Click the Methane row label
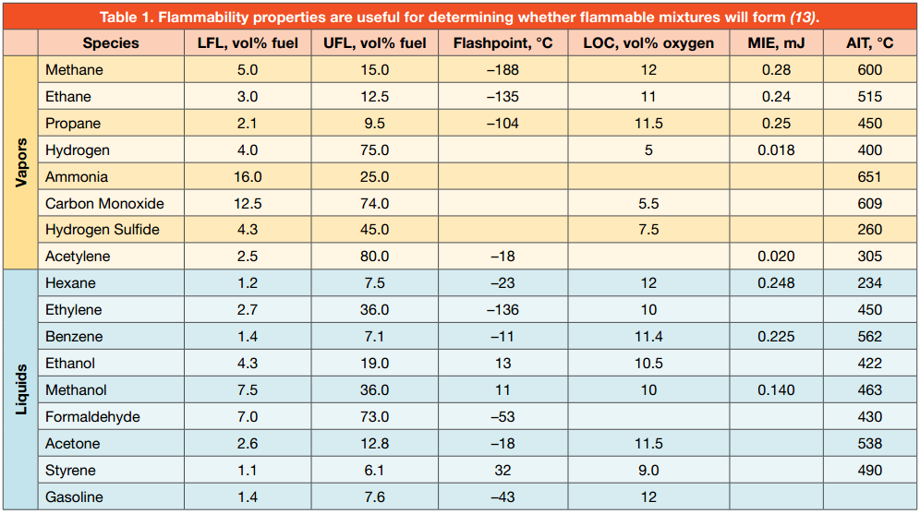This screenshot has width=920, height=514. click(x=74, y=70)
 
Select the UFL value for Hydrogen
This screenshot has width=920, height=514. click(x=375, y=150)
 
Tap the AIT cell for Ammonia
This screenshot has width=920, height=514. click(x=869, y=177)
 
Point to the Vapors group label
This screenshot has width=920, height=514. click(x=20, y=163)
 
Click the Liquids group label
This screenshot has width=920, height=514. click(x=20, y=390)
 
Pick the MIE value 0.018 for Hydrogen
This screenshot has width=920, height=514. click(x=776, y=150)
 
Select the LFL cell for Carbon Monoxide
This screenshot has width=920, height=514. click(x=248, y=204)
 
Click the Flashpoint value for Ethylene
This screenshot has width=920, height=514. click(x=502, y=310)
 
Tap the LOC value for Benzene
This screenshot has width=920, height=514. click(x=649, y=337)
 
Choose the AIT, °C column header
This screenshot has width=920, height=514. click(x=869, y=43)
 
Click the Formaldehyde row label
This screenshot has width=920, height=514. click(x=92, y=417)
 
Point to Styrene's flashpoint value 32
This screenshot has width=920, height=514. click(x=502, y=471)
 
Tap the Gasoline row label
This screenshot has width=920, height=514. click(x=74, y=497)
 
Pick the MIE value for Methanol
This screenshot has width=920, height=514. click(x=776, y=390)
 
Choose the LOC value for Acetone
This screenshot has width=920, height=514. click(x=649, y=444)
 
